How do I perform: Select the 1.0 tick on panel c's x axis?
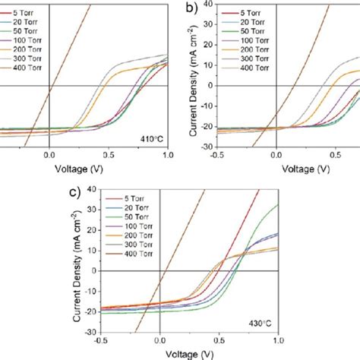278,341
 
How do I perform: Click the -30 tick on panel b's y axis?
207,146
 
